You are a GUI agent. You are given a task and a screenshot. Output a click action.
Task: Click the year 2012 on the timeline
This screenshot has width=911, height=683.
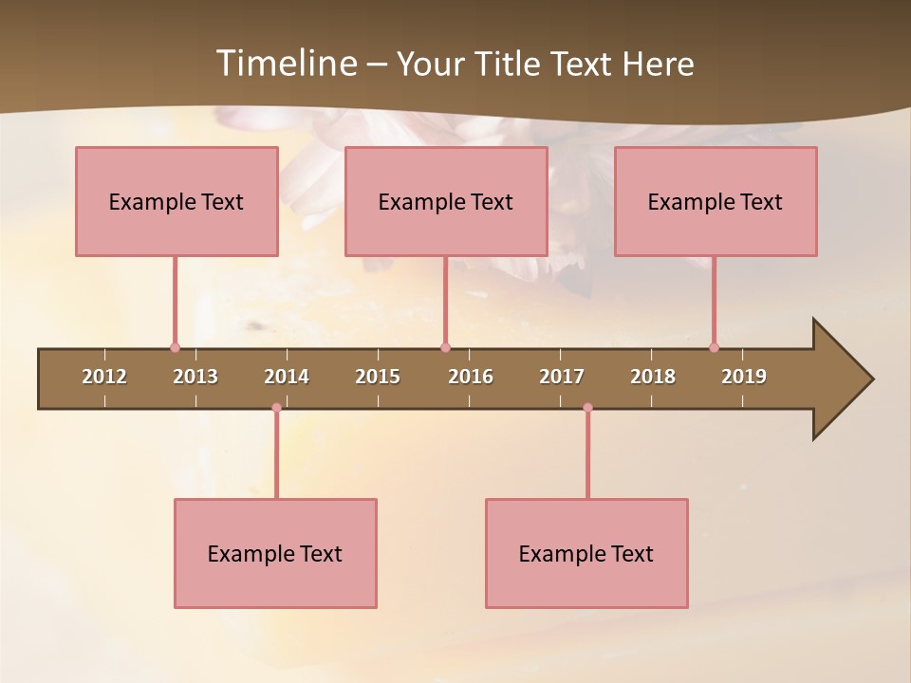click(104, 377)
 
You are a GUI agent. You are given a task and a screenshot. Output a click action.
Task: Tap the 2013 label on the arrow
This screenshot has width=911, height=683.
click(195, 377)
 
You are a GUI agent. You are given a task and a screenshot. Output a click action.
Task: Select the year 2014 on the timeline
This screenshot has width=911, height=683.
click(287, 377)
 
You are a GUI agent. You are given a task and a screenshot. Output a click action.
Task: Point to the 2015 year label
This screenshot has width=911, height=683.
click(378, 377)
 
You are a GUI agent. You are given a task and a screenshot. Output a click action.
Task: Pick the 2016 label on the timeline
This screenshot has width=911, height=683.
click(471, 377)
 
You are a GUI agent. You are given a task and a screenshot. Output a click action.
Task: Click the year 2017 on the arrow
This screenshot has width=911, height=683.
click(562, 377)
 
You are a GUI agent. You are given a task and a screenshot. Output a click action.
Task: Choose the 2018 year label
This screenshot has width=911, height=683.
click(653, 377)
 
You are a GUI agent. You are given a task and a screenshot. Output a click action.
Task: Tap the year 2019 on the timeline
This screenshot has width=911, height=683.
click(744, 377)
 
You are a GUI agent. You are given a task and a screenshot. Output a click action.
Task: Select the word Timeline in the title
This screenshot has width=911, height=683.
click(285, 64)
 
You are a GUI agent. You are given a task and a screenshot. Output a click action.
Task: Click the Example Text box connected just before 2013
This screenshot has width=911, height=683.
click(177, 201)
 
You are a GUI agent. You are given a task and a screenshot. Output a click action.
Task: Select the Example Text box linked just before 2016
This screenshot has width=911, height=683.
click(446, 201)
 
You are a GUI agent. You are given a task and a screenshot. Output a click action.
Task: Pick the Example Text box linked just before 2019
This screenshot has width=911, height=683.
click(716, 201)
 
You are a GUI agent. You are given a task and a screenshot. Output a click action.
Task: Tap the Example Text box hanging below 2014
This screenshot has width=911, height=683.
click(275, 553)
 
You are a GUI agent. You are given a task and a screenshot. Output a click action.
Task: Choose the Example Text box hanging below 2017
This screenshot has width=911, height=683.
click(586, 553)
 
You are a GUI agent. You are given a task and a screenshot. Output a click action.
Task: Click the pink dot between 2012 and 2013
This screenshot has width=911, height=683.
click(175, 347)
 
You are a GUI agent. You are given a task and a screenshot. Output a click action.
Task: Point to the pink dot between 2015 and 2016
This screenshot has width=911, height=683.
click(445, 347)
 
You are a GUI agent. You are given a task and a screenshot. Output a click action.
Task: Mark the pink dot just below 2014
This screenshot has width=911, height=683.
click(276, 408)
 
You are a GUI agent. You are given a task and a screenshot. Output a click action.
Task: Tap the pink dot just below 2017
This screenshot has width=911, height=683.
click(587, 408)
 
